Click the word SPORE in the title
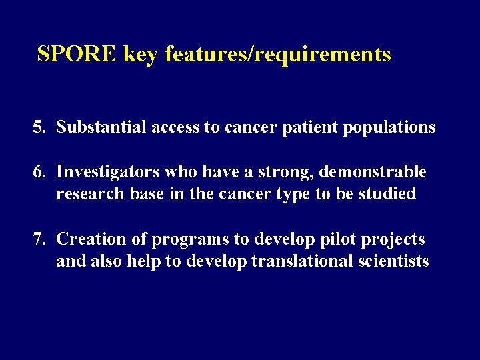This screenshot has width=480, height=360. coord(77,54)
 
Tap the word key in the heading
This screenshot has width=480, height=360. coord(140,55)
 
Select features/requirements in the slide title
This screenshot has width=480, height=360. coord(277,55)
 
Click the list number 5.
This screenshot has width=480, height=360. coord(38,127)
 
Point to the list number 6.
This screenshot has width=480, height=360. coord(38,172)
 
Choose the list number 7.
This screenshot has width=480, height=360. coord(38,239)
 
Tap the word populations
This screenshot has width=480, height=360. coord(389,127)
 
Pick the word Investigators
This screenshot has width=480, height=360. coord(106,173)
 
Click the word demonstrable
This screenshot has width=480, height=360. coord(373,172)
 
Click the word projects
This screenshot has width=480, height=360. coord(389,239)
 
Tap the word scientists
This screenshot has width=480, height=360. coord(393,261)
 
